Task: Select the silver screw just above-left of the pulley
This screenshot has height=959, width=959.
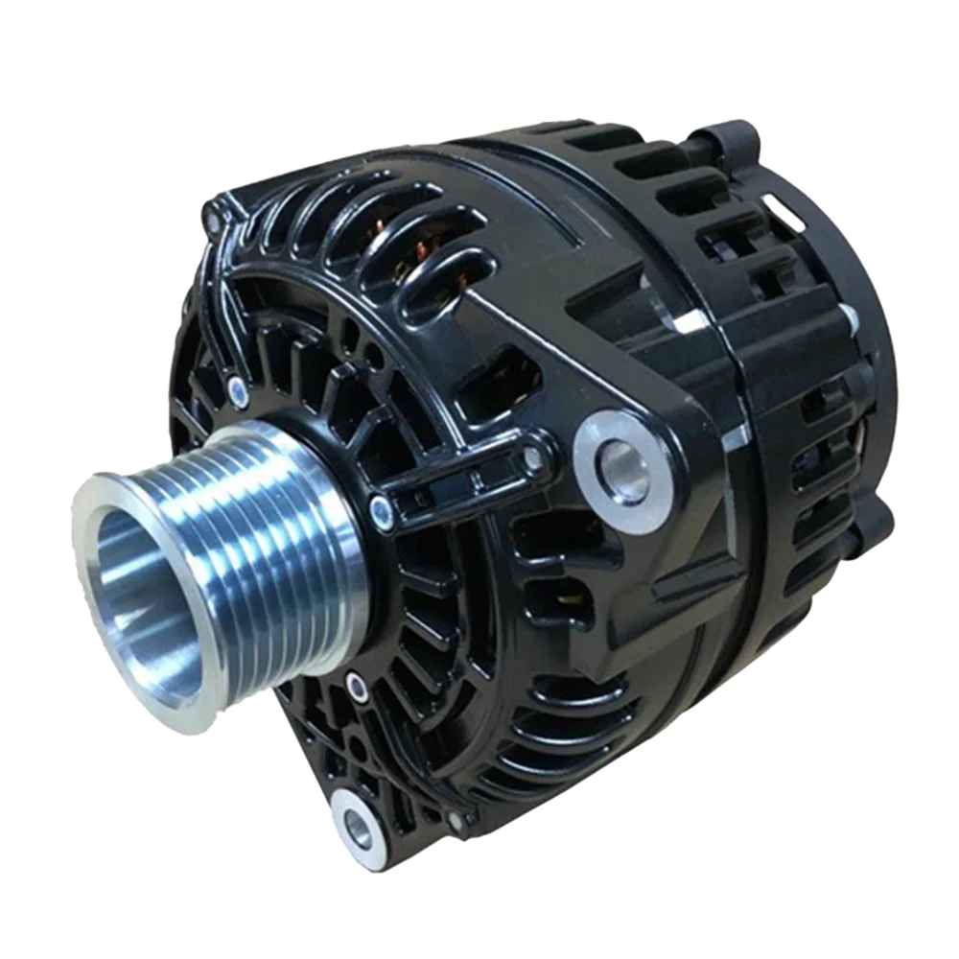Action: (x=237, y=387)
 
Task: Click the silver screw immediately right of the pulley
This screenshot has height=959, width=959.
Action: (x=383, y=514)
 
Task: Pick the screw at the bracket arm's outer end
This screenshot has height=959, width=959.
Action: (x=533, y=457)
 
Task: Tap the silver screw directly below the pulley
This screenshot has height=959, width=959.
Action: (x=356, y=685)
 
